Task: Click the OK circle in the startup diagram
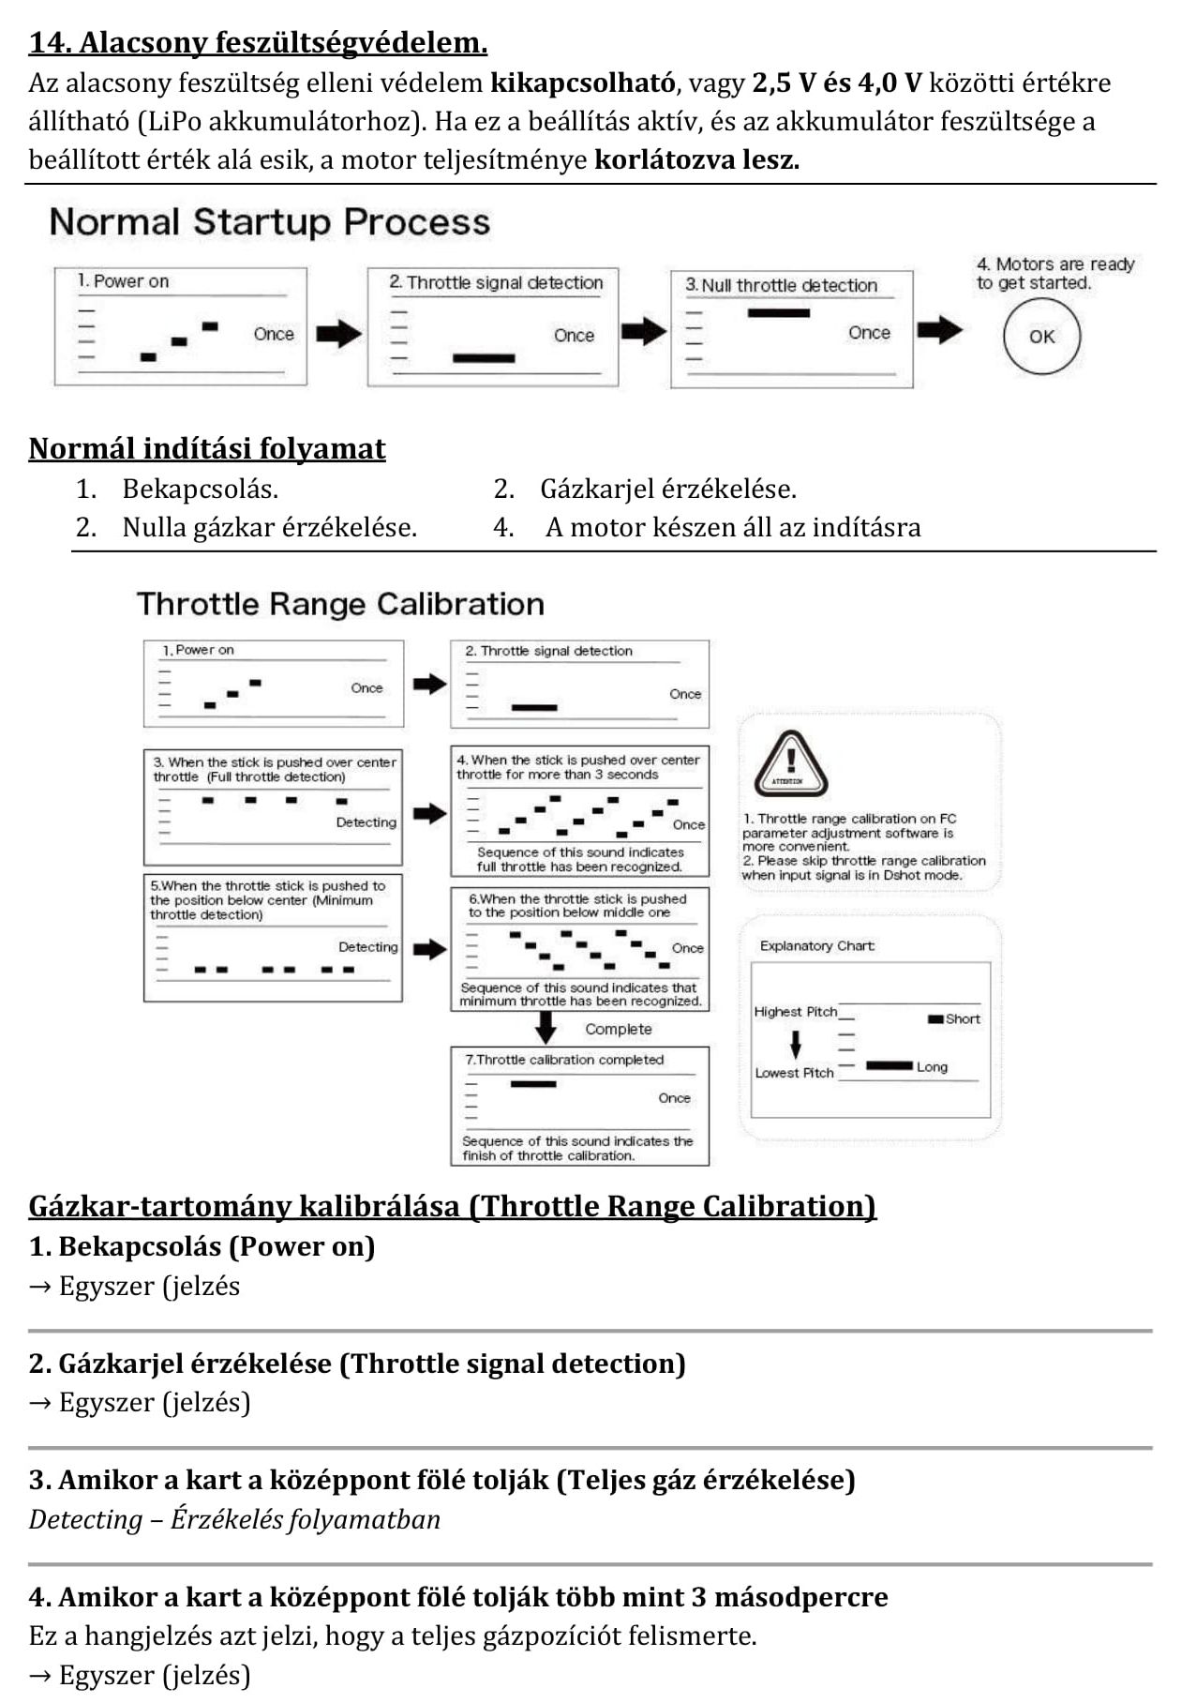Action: (1041, 337)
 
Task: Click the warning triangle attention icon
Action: (790, 763)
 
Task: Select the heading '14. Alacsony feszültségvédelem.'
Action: (258, 43)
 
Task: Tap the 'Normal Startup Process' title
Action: (270, 222)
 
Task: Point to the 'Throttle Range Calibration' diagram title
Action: (340, 604)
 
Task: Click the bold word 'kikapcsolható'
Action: (582, 83)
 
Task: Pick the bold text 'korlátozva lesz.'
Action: (696, 160)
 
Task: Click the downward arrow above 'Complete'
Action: (545, 1028)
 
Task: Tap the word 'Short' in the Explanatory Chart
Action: (963, 1019)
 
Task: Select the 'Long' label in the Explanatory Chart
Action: (932, 1067)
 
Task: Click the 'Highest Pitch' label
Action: (795, 1012)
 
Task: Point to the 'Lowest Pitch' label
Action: (794, 1073)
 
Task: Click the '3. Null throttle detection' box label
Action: (781, 285)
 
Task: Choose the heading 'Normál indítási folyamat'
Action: (207, 449)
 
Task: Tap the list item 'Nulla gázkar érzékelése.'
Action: (269, 528)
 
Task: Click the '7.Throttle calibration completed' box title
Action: (564, 1060)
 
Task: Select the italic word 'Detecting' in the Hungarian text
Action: (85, 1520)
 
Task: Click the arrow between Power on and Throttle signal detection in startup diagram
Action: (338, 334)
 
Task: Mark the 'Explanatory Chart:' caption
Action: (817, 946)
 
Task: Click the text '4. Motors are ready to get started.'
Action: (1054, 274)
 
